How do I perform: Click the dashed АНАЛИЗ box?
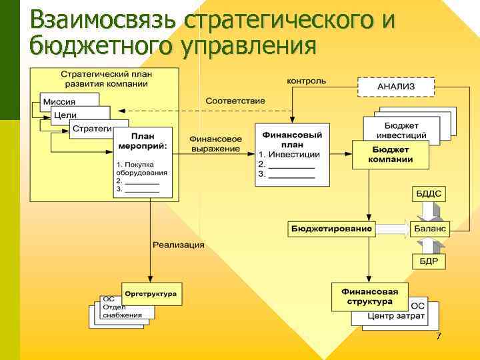(x=396, y=87)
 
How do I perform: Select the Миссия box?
(x=60, y=101)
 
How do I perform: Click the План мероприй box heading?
(x=143, y=141)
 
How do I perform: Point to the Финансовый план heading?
(x=292, y=139)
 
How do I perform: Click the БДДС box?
(x=429, y=194)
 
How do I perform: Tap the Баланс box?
(x=431, y=229)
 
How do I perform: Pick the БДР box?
(x=429, y=261)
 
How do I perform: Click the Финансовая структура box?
(x=369, y=296)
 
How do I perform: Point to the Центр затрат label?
(x=396, y=316)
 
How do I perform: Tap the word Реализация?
(x=178, y=245)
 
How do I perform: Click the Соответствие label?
(x=235, y=101)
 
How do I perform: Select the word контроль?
(x=306, y=81)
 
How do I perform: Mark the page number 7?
(x=438, y=336)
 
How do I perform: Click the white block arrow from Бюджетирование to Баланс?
(x=393, y=229)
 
